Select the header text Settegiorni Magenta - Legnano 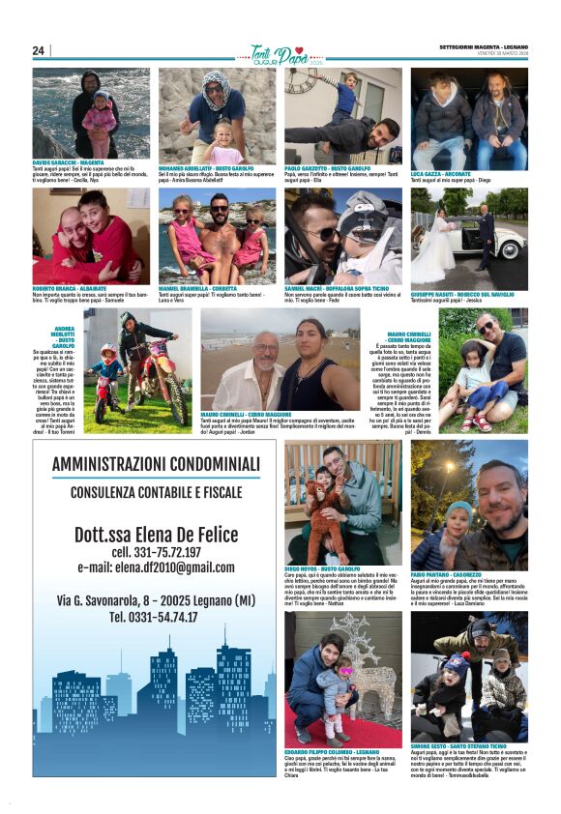click(483, 46)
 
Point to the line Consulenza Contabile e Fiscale click(156, 492)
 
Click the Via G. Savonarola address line click(156, 600)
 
